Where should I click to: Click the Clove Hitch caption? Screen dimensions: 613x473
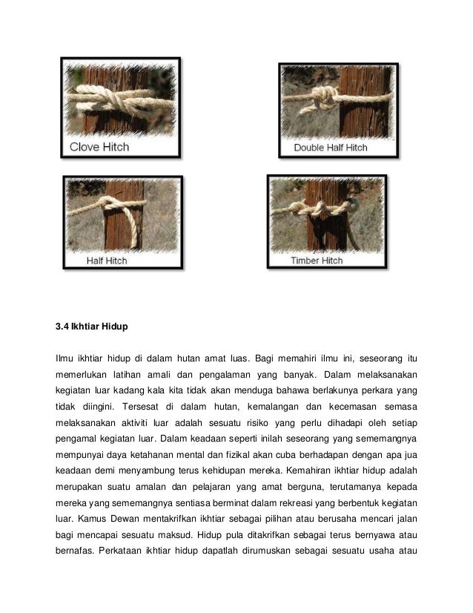pos(99,147)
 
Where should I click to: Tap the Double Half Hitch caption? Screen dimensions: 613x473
pos(331,148)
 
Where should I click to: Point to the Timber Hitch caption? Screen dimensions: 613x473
pos(317,260)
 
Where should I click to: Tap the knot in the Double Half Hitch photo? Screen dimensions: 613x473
pos(325,97)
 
